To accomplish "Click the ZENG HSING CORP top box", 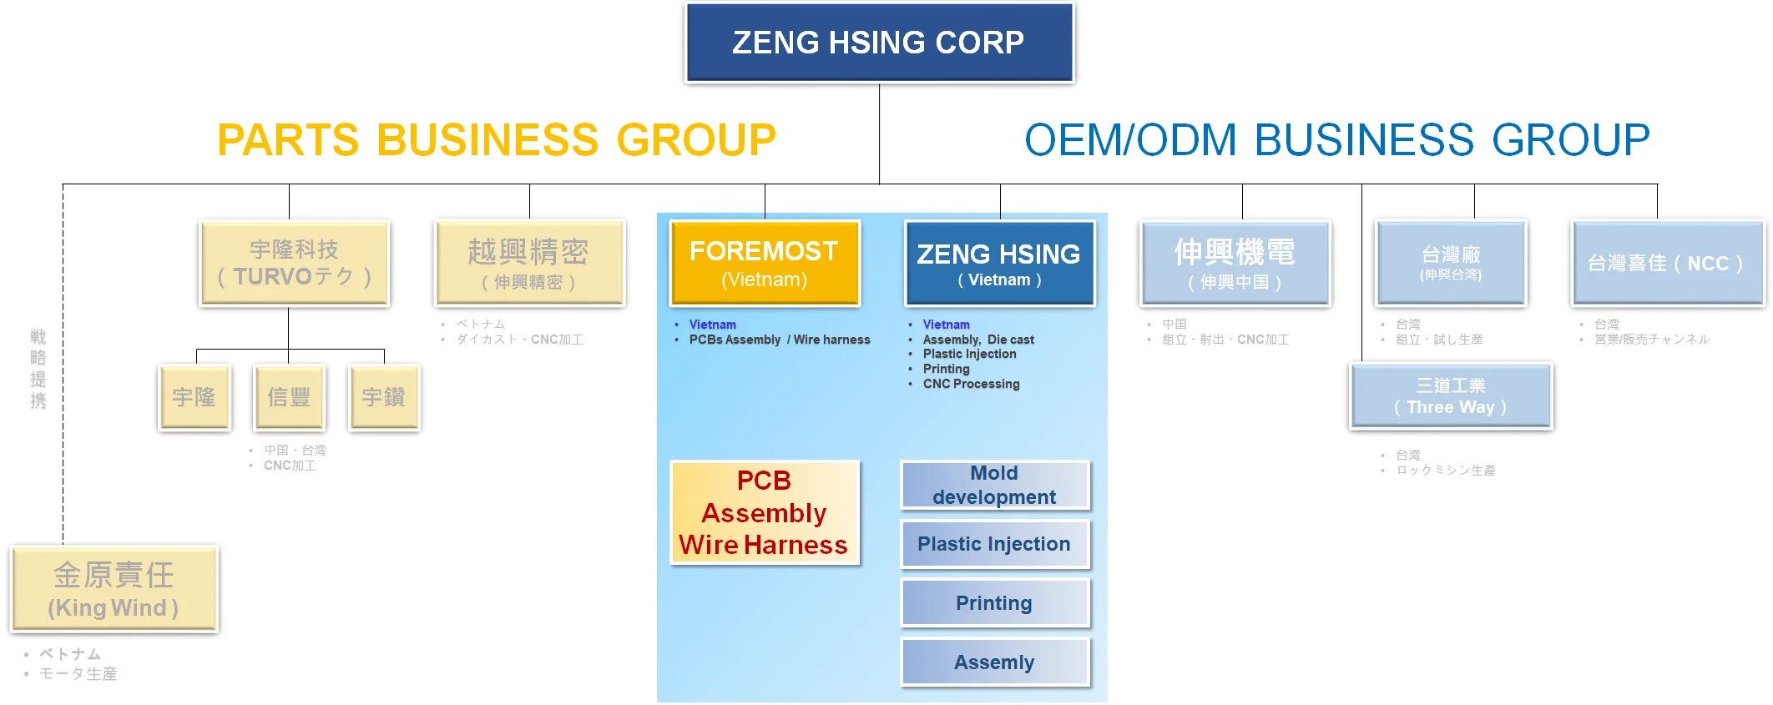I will click(x=879, y=43).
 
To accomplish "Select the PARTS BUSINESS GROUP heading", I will click(x=497, y=139).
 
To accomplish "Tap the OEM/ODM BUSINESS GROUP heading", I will click(x=1336, y=139).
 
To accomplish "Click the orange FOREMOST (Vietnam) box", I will click(x=764, y=264).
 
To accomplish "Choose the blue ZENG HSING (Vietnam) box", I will click(x=999, y=264).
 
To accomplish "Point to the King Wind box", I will click(x=114, y=589).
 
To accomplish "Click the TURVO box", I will click(x=294, y=264).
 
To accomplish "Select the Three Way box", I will click(x=1451, y=396).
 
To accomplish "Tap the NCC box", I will click(x=1666, y=264).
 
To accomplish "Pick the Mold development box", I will click(x=994, y=485).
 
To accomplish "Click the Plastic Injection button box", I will click(x=994, y=544).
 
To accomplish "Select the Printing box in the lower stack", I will click(x=994, y=603).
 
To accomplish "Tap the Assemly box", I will click(x=994, y=662).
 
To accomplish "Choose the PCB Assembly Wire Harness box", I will click(x=764, y=512).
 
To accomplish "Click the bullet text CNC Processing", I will click(x=971, y=384).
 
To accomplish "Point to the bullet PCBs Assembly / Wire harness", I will click(x=779, y=340).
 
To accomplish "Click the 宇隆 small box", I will click(x=194, y=397).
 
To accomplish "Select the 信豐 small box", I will click(x=289, y=397).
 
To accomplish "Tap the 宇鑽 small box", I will click(x=384, y=397).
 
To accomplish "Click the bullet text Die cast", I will click(x=1011, y=340).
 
